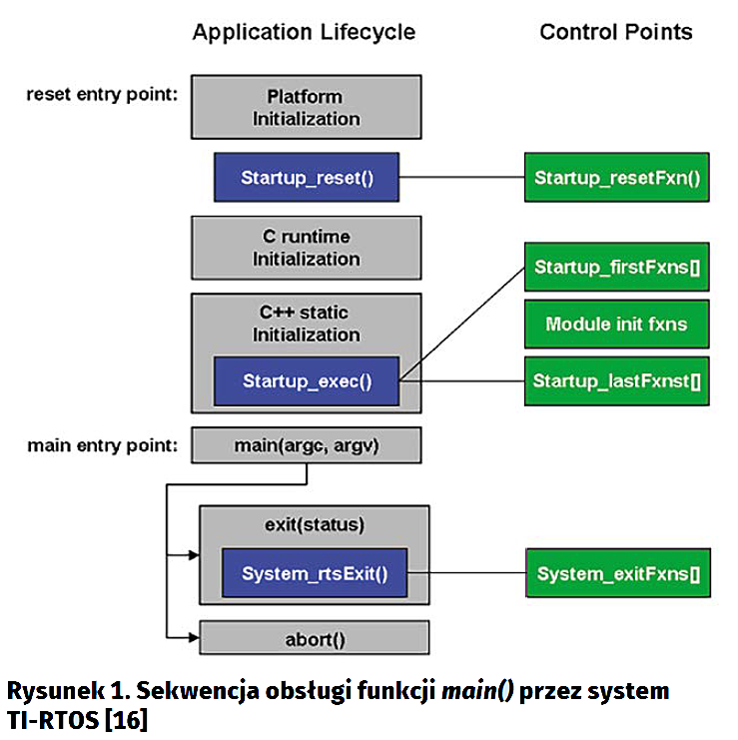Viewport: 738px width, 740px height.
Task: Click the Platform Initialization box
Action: pos(305,108)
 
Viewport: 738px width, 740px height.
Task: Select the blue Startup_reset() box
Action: pos(306,178)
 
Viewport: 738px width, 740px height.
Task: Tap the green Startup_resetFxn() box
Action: pos(616,179)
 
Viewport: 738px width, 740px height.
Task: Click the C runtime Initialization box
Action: pos(305,248)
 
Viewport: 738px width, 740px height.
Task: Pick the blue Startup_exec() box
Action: pos(307,380)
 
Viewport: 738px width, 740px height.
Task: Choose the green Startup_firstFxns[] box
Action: pos(616,267)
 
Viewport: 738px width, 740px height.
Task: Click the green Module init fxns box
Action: pos(616,324)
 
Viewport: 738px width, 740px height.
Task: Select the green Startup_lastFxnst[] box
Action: pos(616,380)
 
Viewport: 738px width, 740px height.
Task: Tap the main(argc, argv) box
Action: pos(306,444)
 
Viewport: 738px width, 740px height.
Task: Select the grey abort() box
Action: pos(315,637)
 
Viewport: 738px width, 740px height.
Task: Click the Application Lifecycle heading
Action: pos(304,32)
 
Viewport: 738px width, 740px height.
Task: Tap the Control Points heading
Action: pos(615,32)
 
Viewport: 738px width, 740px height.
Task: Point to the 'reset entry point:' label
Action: pos(103,95)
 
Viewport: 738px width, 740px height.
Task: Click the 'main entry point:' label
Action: pos(103,443)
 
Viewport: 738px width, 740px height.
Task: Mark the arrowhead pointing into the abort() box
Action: pos(194,637)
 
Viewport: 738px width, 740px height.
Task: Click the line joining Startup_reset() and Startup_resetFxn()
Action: pos(461,179)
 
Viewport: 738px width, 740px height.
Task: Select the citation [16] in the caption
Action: pos(127,718)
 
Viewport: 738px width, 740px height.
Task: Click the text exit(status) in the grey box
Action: pos(315,524)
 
